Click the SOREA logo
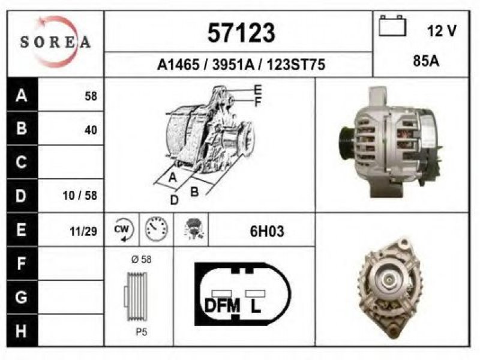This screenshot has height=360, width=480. [x=55, y=41]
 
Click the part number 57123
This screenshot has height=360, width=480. [x=241, y=33]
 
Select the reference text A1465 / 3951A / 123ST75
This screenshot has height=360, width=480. [x=241, y=65]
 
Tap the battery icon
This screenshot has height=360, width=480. [x=392, y=26]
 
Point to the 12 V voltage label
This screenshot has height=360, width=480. [x=442, y=31]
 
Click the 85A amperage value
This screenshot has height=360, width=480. [x=426, y=61]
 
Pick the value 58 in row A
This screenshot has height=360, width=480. [x=91, y=96]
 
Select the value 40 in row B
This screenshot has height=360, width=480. [x=91, y=130]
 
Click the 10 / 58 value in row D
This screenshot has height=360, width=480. [x=80, y=196]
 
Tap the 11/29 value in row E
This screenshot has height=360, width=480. [x=83, y=232]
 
